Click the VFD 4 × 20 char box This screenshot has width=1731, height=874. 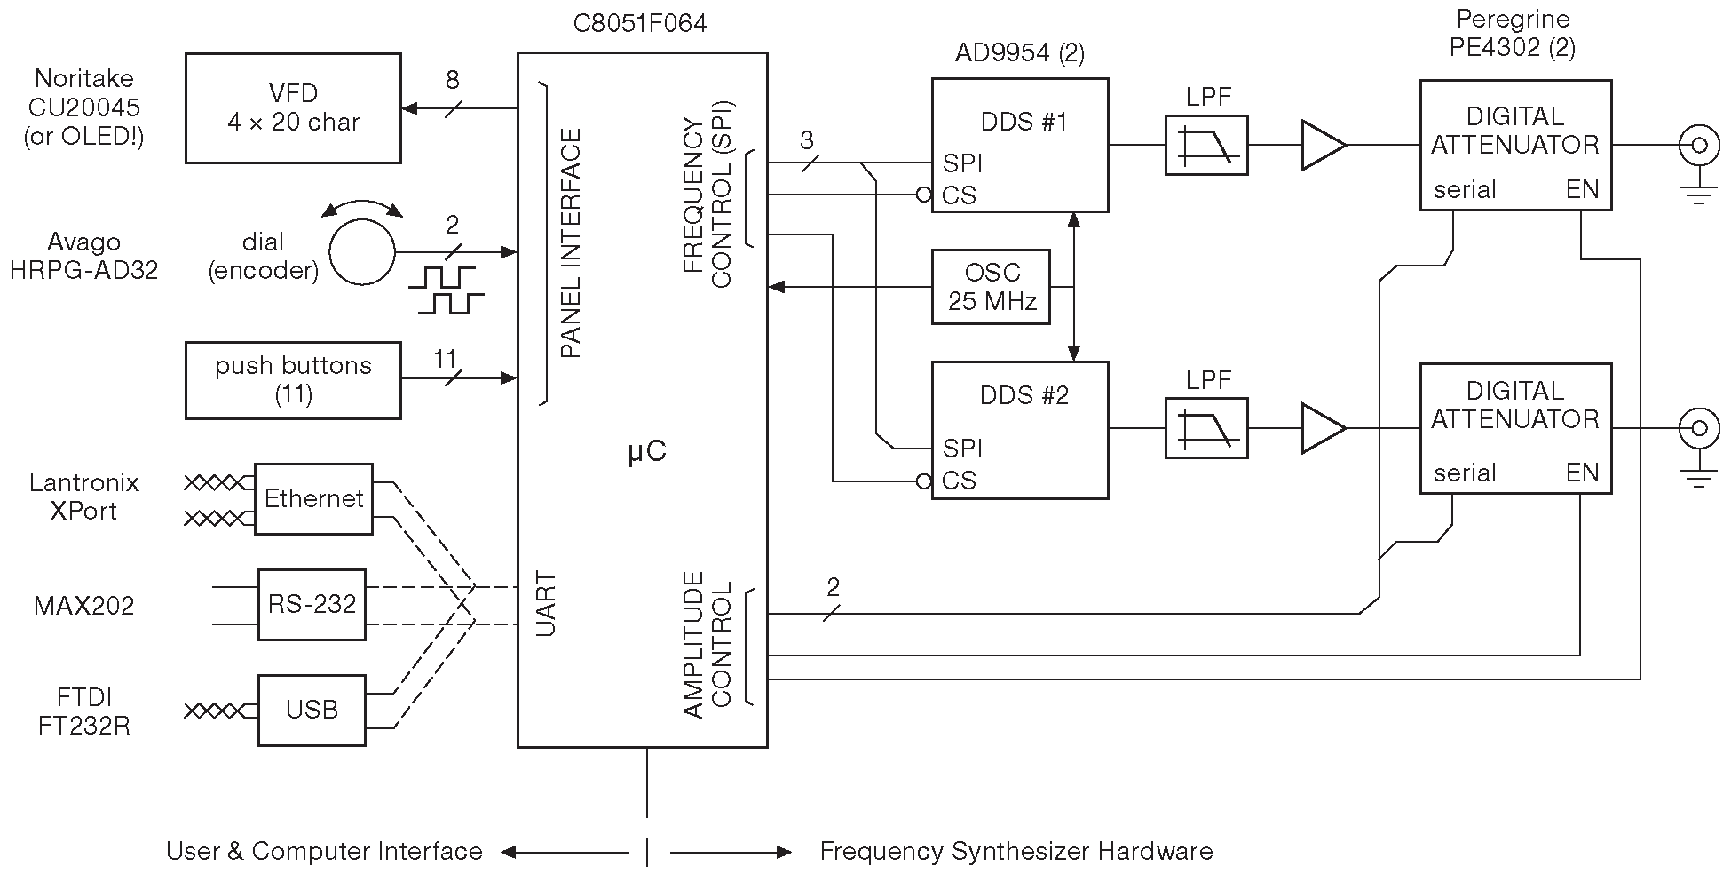coord(293,108)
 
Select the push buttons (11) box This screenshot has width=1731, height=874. coord(293,380)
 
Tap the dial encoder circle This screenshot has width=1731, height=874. coord(362,252)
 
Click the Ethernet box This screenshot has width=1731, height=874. coord(313,498)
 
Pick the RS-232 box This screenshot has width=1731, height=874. coord(312,605)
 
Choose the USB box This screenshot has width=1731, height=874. coord(312,711)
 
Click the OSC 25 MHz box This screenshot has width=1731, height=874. coord(991,287)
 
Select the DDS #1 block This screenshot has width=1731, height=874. coord(1020,146)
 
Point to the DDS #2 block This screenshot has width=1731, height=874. coord(1020,430)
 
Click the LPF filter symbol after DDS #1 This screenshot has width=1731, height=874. coord(1206,145)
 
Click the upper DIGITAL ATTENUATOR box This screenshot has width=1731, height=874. coord(1515,145)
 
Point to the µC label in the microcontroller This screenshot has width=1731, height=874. coord(646,452)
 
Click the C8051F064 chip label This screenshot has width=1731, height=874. coord(640,23)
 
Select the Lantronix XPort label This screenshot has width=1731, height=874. coord(84,497)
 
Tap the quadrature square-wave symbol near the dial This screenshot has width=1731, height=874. coord(446,290)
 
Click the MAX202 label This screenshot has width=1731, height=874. coord(84,606)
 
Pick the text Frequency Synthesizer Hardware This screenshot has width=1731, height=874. coord(1016,851)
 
